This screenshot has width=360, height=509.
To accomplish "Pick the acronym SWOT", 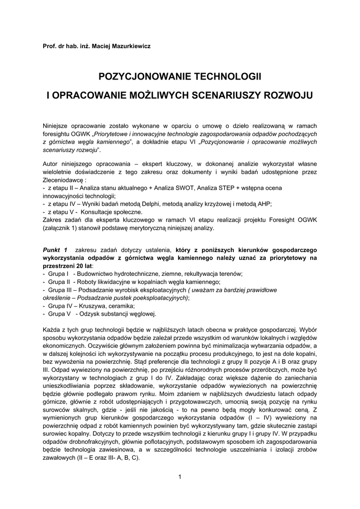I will pos(186,188).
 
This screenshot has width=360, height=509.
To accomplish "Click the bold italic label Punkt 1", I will pos(55,250).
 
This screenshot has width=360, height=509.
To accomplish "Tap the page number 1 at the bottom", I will pos(180,478).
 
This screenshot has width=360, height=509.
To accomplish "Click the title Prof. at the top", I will pos(49,46).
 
